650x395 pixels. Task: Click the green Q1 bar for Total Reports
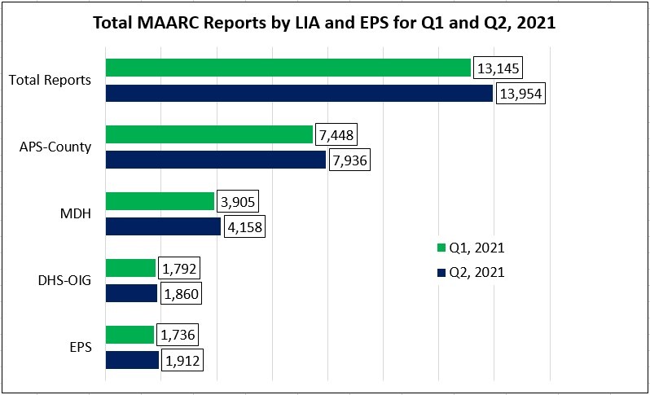[288, 68]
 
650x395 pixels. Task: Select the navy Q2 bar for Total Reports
[299, 94]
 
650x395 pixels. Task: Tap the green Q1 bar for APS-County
[209, 134]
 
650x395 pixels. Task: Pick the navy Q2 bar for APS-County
[216, 160]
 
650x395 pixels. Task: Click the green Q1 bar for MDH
[160, 201]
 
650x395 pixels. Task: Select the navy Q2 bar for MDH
[163, 227]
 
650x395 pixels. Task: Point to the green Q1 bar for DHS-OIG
[130, 268]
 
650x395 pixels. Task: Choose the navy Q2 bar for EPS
[132, 360]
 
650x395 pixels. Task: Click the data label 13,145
[498, 68]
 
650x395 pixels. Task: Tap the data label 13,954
[520, 94]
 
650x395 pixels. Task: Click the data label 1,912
[182, 360]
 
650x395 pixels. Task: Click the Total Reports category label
[50, 81]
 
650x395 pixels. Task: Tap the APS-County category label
[55, 147]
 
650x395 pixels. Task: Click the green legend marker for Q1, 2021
[441, 248]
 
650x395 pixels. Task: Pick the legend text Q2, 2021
[477, 272]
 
